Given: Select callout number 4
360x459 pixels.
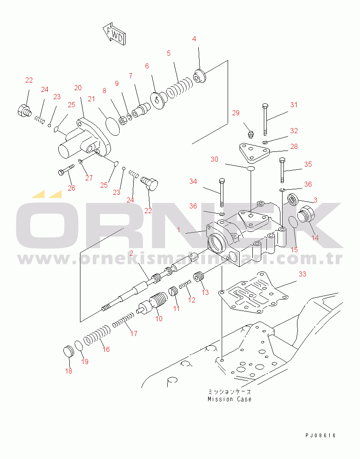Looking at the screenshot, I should click(194, 39).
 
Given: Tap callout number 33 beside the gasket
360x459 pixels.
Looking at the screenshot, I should click(302, 274).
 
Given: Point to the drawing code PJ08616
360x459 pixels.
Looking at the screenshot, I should click(320, 435).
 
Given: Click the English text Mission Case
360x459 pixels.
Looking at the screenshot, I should click(229, 399).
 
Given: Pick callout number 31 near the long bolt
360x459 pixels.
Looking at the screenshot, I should click(294, 105).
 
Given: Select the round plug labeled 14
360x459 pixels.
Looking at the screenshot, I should click(305, 215).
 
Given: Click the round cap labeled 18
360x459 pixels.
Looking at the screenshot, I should click(68, 353).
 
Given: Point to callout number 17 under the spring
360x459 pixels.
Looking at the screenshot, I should click(134, 333).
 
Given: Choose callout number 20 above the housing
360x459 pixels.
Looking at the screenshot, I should click(77, 88).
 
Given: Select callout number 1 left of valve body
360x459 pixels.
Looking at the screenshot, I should click(179, 230).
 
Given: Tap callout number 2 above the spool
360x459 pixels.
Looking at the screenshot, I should click(131, 253).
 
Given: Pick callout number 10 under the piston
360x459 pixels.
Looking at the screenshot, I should click(159, 319).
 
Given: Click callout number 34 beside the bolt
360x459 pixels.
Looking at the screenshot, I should click(193, 182).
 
